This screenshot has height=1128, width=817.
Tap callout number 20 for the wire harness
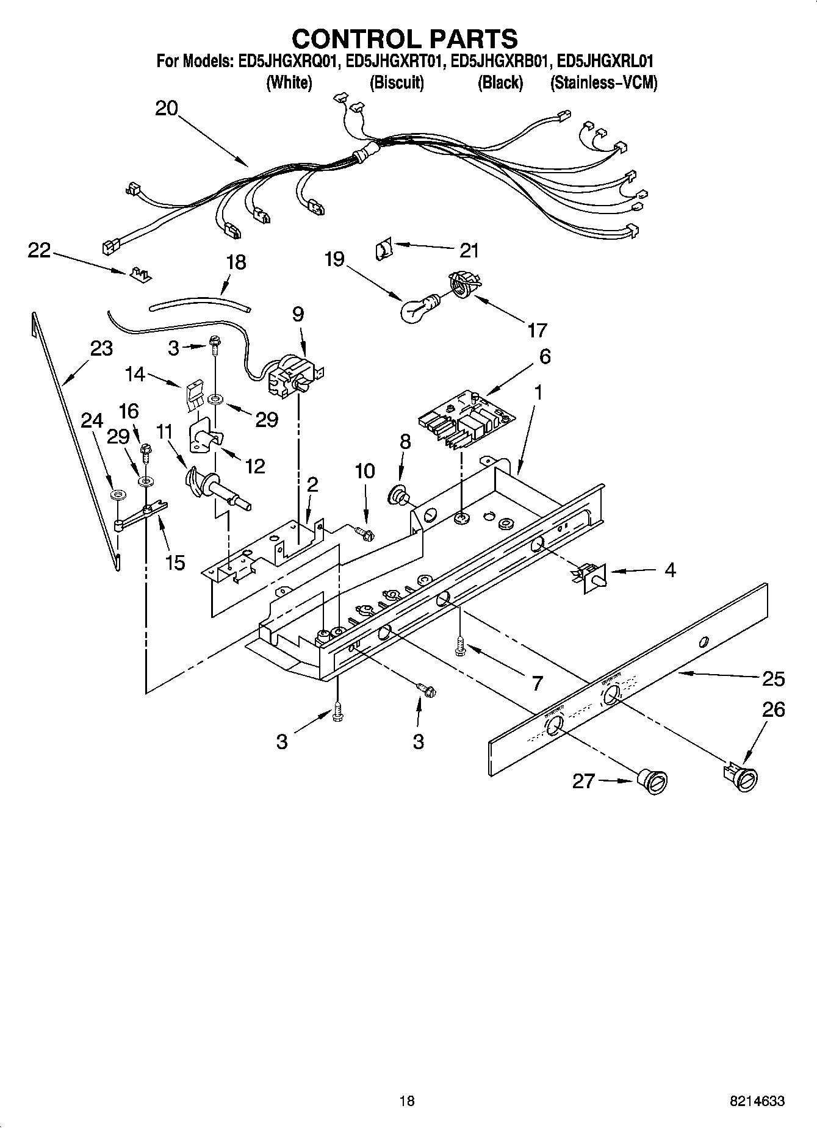166,109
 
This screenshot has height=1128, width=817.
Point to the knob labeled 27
652,781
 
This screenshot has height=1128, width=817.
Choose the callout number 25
773,679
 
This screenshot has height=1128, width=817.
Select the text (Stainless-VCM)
603,83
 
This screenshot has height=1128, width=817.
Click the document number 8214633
757,1101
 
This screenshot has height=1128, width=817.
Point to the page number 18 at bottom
406,1101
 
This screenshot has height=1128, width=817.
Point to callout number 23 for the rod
101,348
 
